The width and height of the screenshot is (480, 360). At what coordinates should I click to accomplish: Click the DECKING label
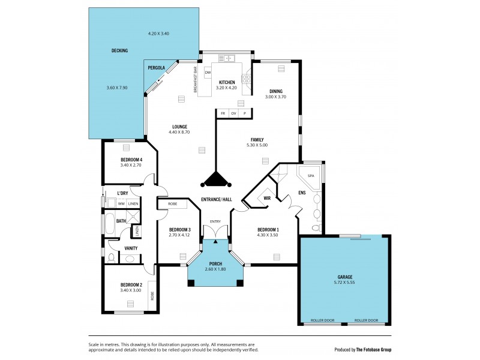click(119, 51)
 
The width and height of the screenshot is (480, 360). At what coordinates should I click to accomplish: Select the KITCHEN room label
click(226, 82)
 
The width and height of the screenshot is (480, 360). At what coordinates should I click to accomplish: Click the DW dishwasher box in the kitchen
click(208, 73)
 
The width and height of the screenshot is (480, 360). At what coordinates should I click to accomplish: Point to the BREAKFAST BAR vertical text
click(196, 78)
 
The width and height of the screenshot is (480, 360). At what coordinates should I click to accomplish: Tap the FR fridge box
click(223, 113)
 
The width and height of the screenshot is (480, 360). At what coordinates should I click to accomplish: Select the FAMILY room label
click(257, 139)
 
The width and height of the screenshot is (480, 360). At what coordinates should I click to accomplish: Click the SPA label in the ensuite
click(311, 176)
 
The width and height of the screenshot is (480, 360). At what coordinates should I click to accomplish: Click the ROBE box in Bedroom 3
click(172, 204)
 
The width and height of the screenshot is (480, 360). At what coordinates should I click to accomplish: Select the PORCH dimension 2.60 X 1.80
click(215, 270)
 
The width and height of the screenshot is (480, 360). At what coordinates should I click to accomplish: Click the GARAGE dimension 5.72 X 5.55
click(344, 282)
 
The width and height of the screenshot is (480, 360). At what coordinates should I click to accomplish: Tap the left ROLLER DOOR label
click(322, 321)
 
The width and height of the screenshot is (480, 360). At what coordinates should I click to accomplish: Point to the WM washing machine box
click(121, 204)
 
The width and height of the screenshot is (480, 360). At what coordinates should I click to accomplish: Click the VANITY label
click(131, 248)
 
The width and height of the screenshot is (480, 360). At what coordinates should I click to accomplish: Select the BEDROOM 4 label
click(131, 159)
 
